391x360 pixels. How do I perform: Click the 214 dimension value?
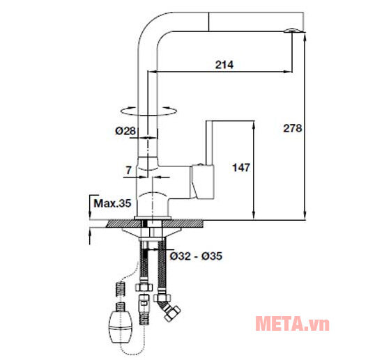pyautogui.click(x=224, y=65)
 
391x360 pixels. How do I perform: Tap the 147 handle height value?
pyautogui.click(x=240, y=168)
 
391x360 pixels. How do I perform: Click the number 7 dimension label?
pyautogui.click(x=129, y=169)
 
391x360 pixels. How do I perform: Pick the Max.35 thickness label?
pyautogui.click(x=112, y=204)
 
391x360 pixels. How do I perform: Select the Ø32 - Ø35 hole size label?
pyautogui.click(x=196, y=256)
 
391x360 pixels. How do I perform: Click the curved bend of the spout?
pyautogui.click(x=150, y=28)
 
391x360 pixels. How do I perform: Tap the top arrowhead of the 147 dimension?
pyautogui.click(x=253, y=124)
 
